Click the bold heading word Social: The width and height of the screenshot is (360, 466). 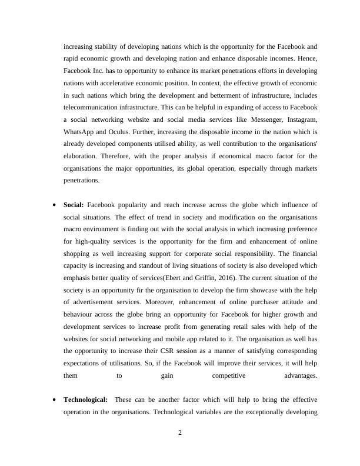[74, 205]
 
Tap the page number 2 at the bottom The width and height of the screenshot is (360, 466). [180, 434]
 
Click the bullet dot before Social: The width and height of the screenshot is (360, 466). [54, 205]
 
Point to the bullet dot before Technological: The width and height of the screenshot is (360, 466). [54, 400]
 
